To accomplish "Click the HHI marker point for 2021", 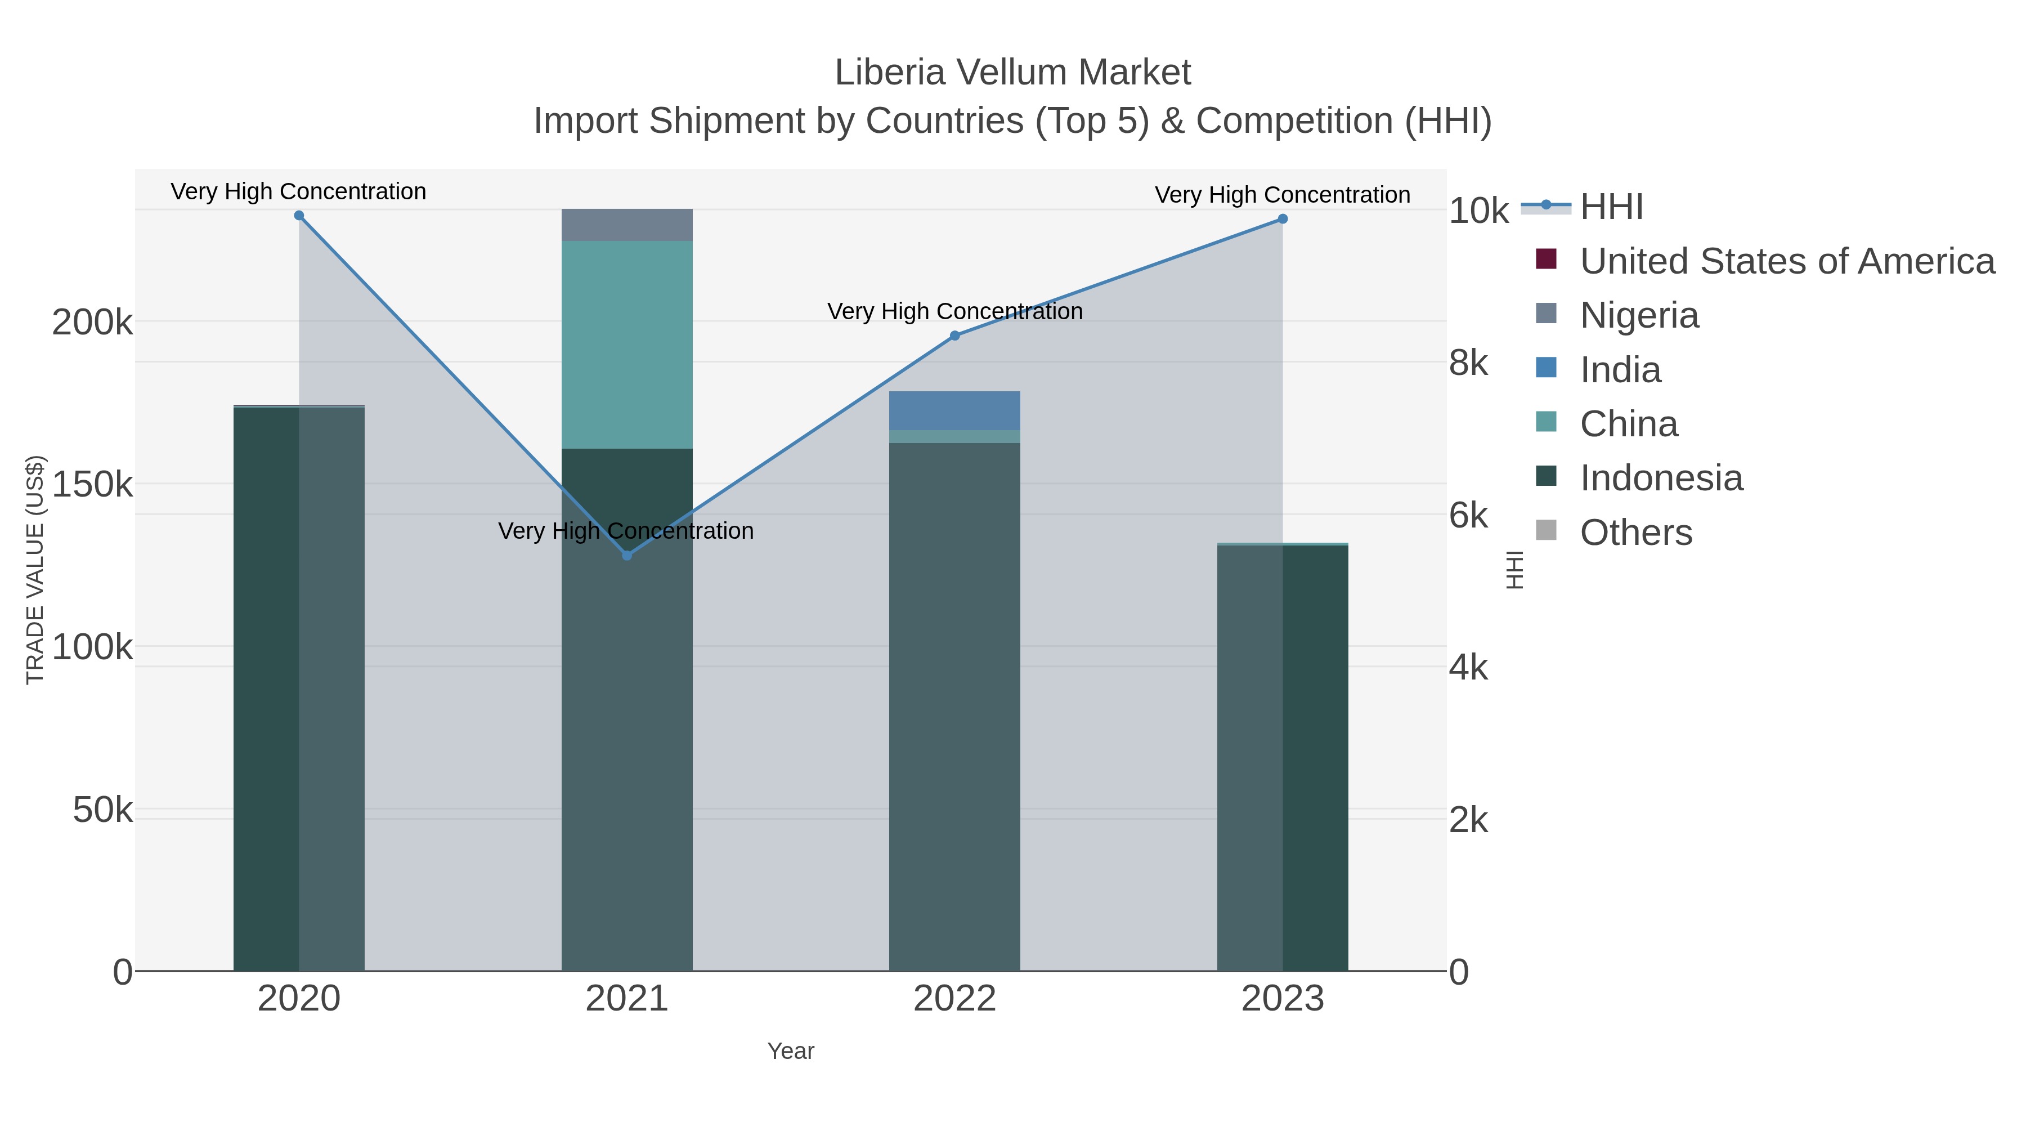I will click(x=627, y=556).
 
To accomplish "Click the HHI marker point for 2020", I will click(x=299, y=216).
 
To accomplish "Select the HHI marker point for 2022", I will click(x=955, y=336).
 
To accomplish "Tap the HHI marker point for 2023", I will click(x=1283, y=220).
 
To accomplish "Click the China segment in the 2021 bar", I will click(x=627, y=345).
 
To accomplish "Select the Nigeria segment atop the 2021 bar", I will click(x=627, y=225).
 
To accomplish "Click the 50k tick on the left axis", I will click(x=102, y=810).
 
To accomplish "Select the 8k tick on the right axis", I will click(x=1468, y=364).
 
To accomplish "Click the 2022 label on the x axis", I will click(x=955, y=999).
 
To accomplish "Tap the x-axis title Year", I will click(x=791, y=1051).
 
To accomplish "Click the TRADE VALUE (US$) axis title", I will click(x=35, y=570).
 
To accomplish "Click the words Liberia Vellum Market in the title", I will click(x=1012, y=73).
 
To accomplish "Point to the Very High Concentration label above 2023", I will click(x=1282, y=195).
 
